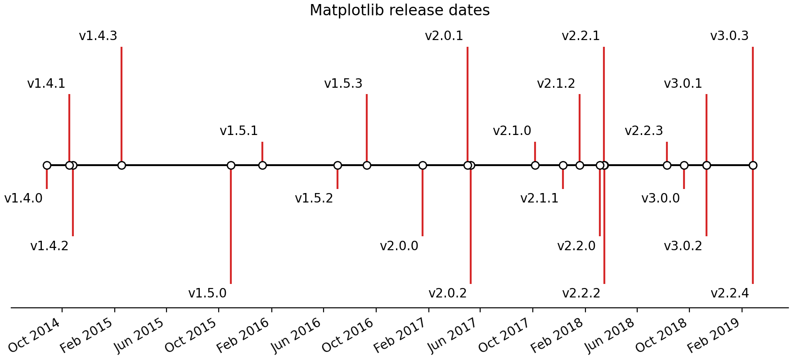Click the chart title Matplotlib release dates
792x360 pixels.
(400, 10)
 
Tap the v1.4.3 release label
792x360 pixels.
(98, 36)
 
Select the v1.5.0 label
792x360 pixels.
(207, 293)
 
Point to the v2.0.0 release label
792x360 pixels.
(399, 246)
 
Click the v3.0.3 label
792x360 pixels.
(729, 36)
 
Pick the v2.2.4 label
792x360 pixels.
(730, 293)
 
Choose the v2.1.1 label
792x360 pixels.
(540, 198)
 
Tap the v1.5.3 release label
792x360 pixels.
(343, 84)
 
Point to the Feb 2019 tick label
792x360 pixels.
(715, 335)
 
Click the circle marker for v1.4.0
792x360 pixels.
(47, 165)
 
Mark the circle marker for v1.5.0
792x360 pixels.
(231, 165)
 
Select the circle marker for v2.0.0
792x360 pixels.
(423, 165)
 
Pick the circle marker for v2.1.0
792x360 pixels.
(535, 165)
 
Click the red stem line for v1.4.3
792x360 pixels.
(121, 103)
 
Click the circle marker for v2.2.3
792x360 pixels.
(667, 165)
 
